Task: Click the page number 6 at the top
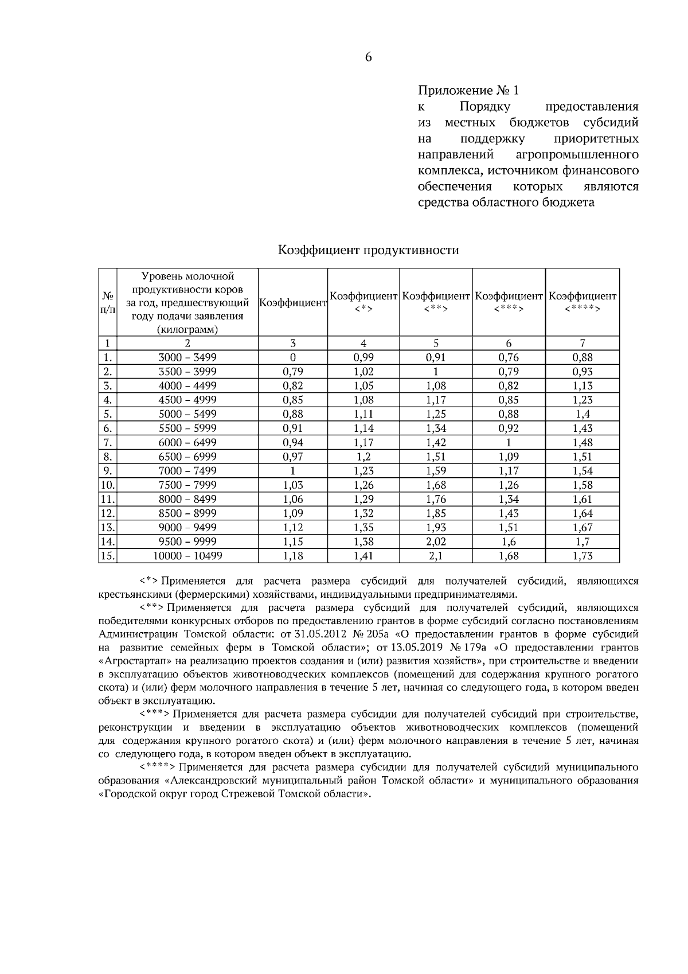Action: (x=368, y=57)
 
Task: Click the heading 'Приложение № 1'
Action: (x=468, y=91)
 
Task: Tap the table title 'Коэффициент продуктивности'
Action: (x=368, y=250)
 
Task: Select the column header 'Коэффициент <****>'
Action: (x=582, y=302)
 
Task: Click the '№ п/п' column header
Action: (x=107, y=302)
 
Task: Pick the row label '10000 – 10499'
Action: (x=187, y=556)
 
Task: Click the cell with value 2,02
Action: (x=436, y=541)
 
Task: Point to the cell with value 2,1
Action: (x=436, y=556)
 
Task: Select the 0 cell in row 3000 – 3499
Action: (x=293, y=357)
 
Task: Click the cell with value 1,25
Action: (x=436, y=414)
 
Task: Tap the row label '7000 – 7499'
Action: (x=187, y=471)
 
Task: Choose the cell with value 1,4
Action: (x=582, y=414)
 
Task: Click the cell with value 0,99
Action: (x=363, y=357)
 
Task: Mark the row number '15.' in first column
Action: (x=107, y=556)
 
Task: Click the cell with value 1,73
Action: (x=582, y=556)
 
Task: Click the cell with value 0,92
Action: (x=509, y=428)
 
